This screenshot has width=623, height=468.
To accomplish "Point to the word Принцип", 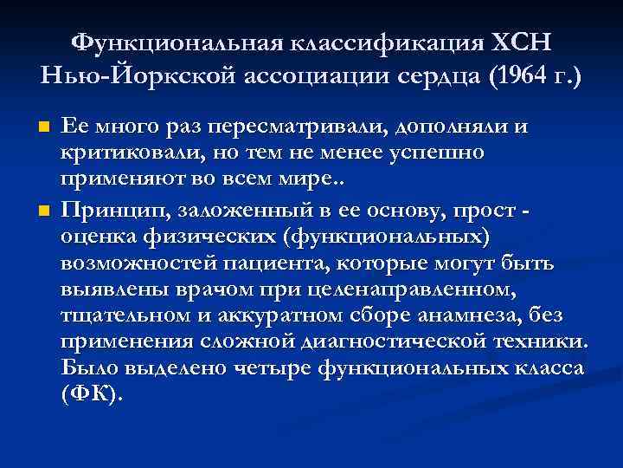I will click(109, 211).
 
